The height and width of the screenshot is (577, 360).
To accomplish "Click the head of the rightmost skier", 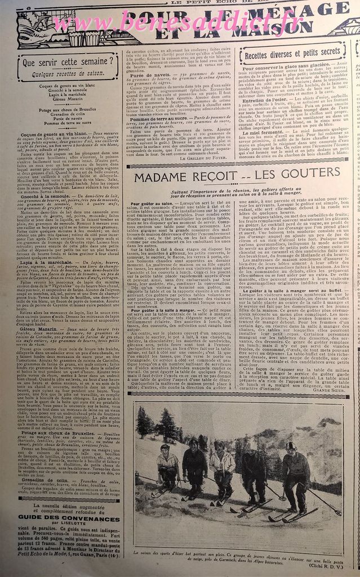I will click(x=291, y=446).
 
